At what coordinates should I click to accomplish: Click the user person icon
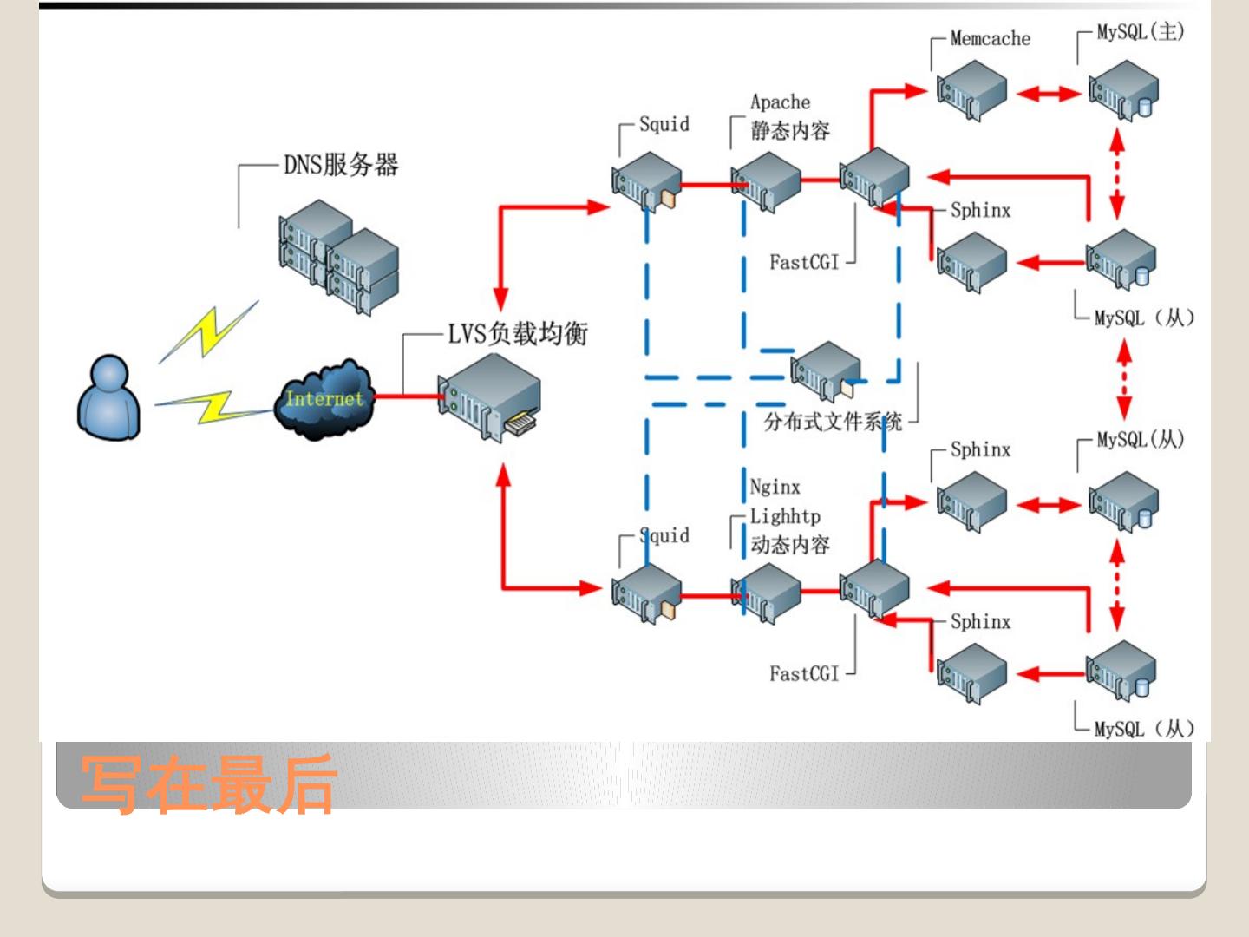109,398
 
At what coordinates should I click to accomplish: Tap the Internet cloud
324,400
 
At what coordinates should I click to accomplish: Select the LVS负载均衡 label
518,333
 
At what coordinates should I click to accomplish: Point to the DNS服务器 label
341,164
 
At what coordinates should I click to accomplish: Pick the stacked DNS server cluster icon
338,256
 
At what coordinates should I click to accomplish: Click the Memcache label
990,38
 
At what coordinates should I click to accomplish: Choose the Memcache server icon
971,90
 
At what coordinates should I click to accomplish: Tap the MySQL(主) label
1140,32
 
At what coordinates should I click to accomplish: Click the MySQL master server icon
1124,90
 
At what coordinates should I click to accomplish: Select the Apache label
780,102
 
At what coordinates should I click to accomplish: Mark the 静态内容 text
790,131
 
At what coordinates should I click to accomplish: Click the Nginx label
775,487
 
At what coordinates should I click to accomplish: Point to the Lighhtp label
785,516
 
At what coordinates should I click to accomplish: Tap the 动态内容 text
790,545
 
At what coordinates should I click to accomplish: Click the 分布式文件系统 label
833,422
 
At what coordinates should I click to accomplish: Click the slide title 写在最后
208,783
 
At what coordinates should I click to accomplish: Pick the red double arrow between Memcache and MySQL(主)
1048,92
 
